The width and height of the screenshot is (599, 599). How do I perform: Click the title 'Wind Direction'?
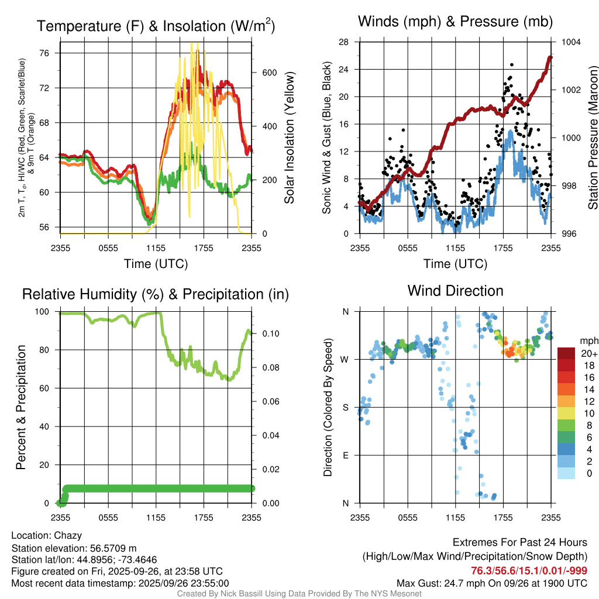(x=455, y=290)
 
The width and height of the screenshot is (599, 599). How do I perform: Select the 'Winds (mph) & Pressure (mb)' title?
(x=455, y=22)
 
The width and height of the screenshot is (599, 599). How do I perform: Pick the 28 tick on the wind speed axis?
(x=344, y=42)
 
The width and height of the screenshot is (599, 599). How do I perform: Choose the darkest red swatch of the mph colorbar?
(x=566, y=353)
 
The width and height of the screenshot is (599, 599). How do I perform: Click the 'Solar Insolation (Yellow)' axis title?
(x=289, y=138)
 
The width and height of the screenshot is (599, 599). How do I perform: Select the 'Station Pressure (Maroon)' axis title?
(x=593, y=138)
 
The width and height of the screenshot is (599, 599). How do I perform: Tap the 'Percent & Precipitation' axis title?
(x=20, y=407)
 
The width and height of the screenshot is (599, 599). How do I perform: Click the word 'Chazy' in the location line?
(x=68, y=535)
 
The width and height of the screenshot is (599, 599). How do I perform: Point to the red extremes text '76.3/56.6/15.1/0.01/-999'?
(x=529, y=570)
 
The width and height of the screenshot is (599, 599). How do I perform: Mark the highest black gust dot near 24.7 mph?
(x=511, y=65)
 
